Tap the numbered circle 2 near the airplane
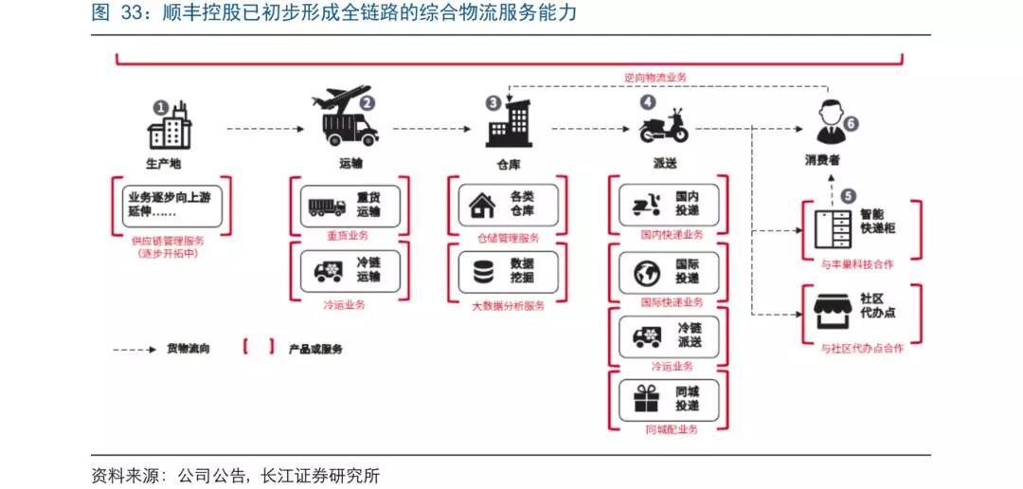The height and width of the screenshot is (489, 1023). (368, 102)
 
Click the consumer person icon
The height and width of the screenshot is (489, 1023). (828, 122)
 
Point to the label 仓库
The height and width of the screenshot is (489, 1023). (504, 165)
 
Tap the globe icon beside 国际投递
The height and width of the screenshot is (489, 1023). (647, 274)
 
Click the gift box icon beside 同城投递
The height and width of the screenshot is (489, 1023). (647, 398)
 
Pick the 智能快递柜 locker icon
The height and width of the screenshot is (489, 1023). (833, 228)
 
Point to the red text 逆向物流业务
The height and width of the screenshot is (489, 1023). (655, 77)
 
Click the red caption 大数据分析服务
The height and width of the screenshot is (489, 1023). (509, 305)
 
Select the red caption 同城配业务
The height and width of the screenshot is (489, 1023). (672, 429)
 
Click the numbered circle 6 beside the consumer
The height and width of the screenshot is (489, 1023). (850, 122)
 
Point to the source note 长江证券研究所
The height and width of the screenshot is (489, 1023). (320, 476)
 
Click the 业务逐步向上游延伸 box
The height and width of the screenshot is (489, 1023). (171, 205)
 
